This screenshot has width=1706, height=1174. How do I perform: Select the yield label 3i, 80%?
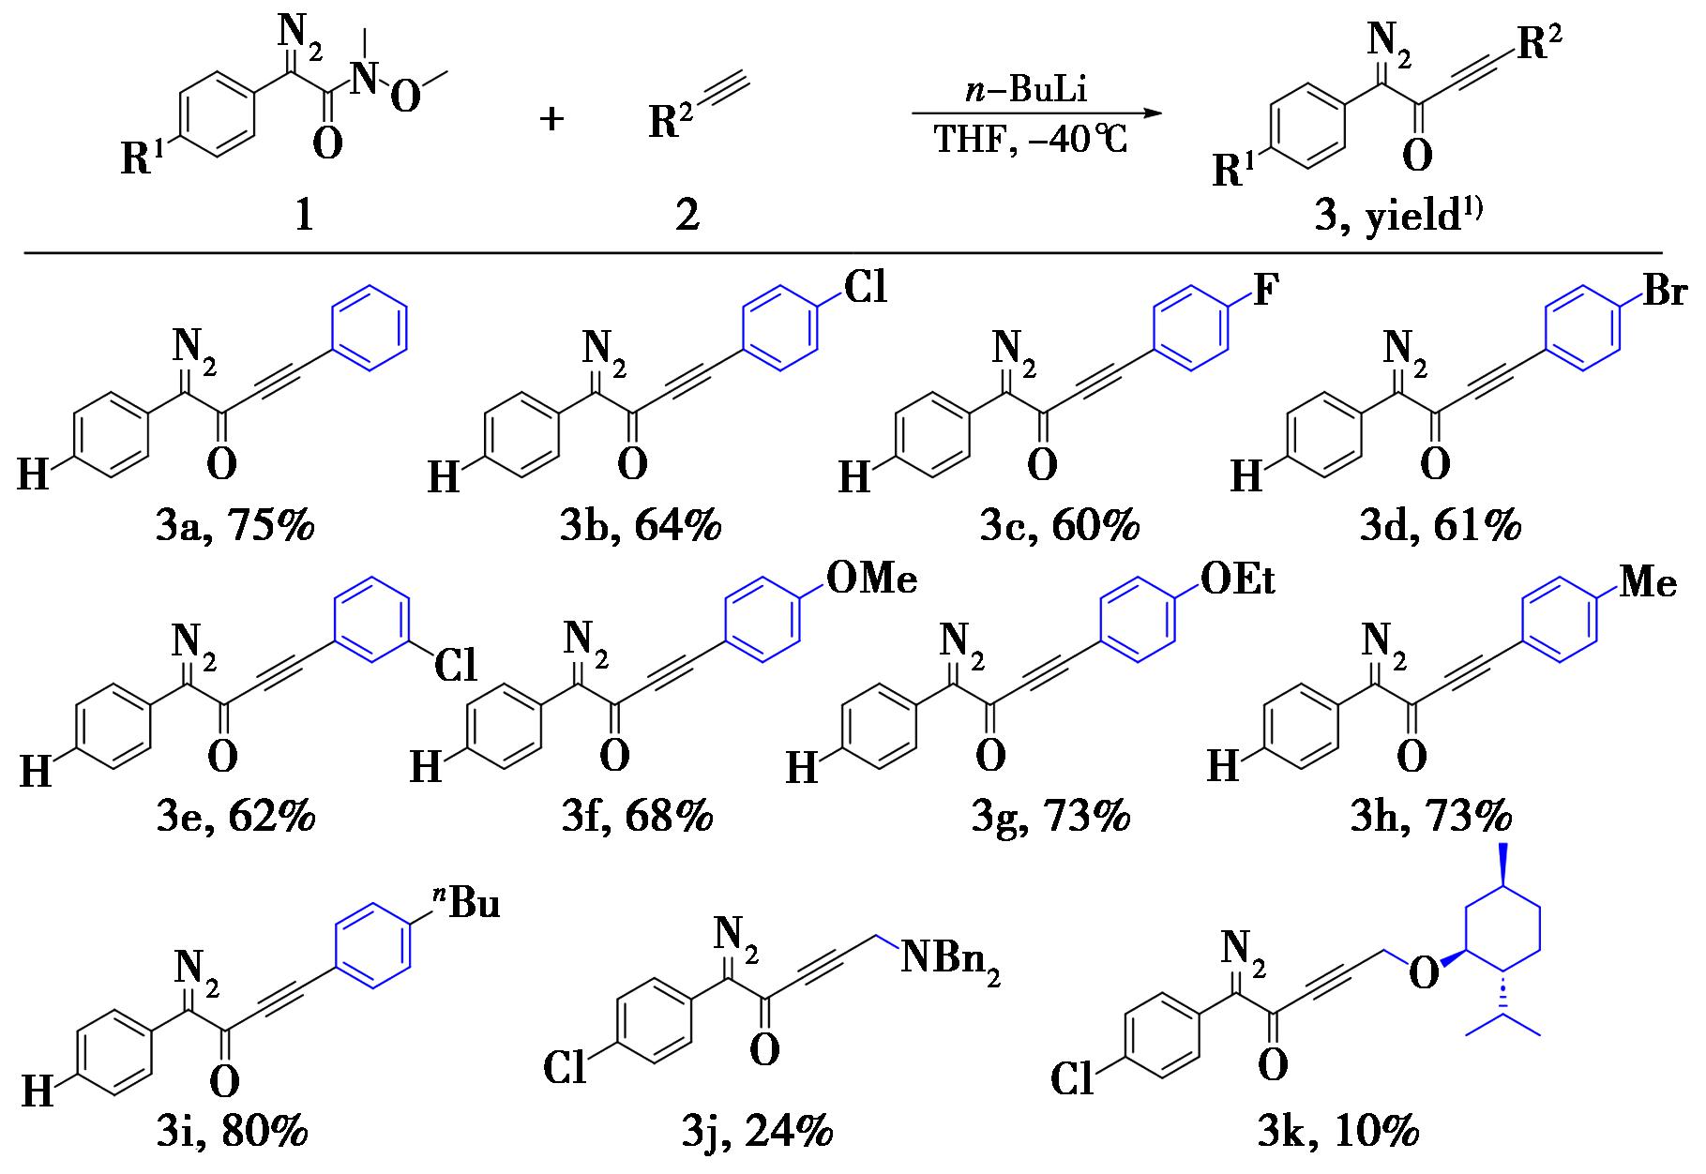234,1133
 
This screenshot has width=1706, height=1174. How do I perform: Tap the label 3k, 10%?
1337,1133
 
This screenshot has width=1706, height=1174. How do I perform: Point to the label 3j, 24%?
757,1133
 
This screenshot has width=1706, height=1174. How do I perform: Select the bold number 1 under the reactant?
304,216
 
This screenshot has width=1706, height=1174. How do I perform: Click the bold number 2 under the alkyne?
687,216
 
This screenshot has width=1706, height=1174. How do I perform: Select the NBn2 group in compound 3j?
949,964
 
